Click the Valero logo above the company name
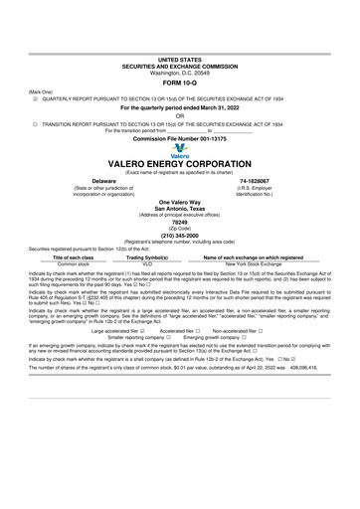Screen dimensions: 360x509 pos(179,155)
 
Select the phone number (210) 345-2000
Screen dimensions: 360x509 pos(180,235)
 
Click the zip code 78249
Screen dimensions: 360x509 pos(180,223)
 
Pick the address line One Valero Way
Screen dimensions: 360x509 pos(180,201)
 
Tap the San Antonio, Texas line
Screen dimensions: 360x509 pos(180,207)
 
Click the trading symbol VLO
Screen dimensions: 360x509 pos(146,262)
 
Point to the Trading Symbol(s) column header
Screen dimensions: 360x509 pos(146,256)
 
